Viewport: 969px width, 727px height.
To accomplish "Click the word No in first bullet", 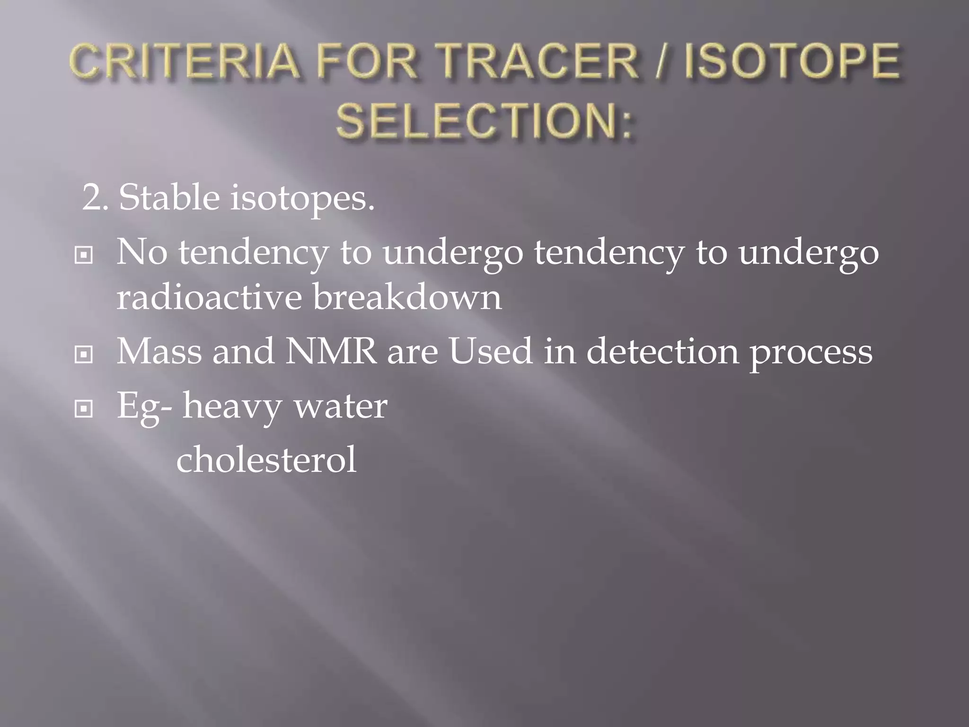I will [141, 252].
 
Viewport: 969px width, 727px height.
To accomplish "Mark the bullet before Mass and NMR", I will [84, 355].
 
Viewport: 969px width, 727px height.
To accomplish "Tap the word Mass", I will [159, 351].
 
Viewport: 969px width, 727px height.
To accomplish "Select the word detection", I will [662, 351].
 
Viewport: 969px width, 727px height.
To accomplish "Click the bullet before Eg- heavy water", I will [84, 408].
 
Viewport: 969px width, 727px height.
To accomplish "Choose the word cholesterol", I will [266, 460].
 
